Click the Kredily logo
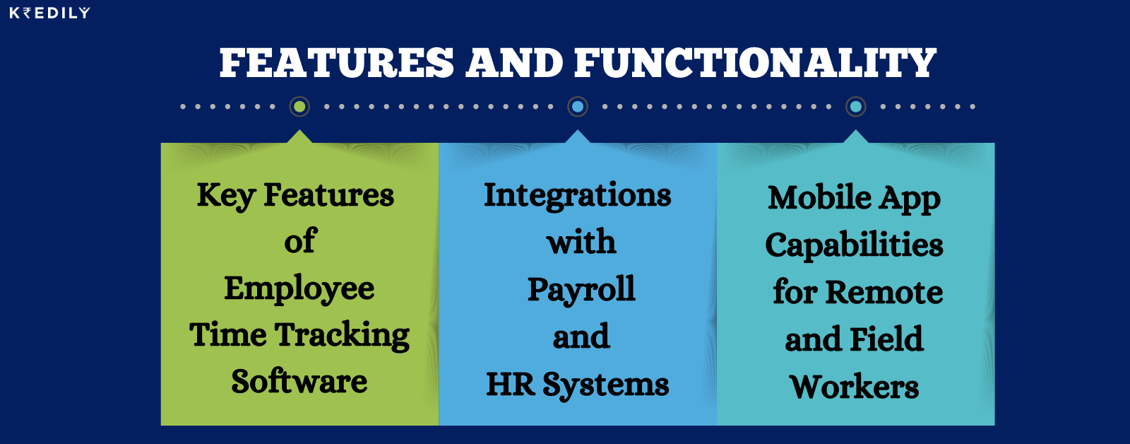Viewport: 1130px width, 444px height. coord(49,13)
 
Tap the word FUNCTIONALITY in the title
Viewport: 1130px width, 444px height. coord(755,63)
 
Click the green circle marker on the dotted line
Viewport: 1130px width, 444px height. coord(299,107)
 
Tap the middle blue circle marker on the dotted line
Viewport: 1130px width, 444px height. coord(578,107)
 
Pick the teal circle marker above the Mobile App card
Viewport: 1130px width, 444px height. coord(856,107)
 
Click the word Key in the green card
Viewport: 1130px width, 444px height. coord(225,196)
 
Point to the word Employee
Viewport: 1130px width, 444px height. coord(299,289)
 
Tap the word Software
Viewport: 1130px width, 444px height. coord(299,382)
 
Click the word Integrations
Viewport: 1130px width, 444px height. coord(578,196)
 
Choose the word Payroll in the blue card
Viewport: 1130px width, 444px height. coord(581,290)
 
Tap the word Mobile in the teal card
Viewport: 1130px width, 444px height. coord(810,197)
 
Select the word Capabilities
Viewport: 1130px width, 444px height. coord(855,246)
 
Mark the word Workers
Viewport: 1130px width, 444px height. coord(855,387)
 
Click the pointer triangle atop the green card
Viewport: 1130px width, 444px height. coord(299,136)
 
